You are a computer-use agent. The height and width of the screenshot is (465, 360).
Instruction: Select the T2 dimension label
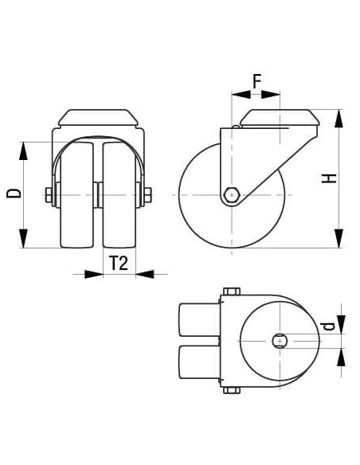(119, 264)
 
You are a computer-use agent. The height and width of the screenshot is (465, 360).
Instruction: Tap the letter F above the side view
(256, 80)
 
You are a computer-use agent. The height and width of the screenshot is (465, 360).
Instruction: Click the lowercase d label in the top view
(327, 328)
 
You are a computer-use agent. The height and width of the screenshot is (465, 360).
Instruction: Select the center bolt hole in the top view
(280, 342)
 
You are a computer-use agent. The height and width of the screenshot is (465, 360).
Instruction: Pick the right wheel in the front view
(119, 194)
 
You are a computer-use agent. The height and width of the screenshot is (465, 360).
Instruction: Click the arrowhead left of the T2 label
(94, 274)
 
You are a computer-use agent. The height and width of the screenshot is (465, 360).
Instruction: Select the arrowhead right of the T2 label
(145, 274)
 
